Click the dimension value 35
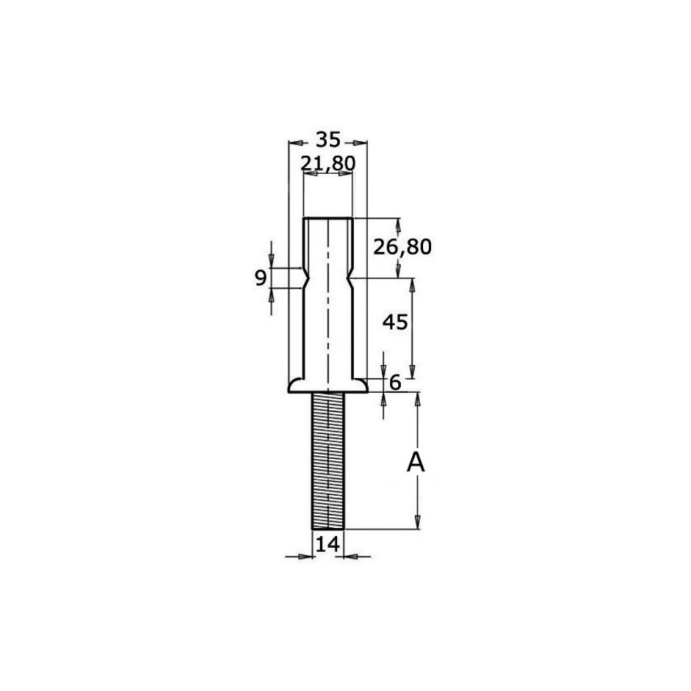click(329, 140)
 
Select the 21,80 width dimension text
click(328, 164)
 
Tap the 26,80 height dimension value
click(402, 247)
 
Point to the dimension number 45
click(395, 322)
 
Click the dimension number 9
click(261, 278)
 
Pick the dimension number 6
click(395, 383)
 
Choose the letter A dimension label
click(415, 463)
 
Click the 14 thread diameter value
click(328, 545)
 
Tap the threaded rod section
click(328, 461)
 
